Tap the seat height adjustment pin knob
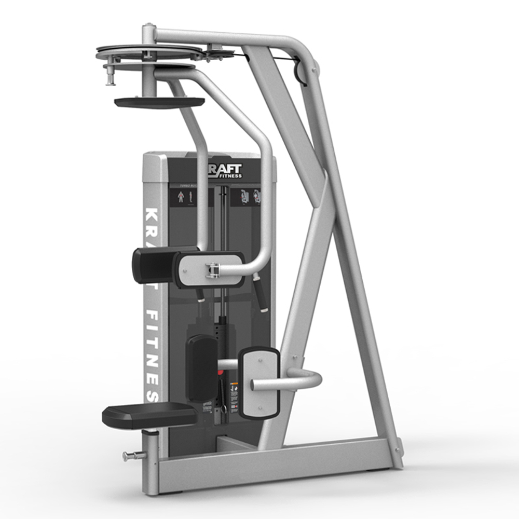pos(126,456)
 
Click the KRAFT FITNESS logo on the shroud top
pos(225,171)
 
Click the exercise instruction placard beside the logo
pos(248,197)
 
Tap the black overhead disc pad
pos(152,102)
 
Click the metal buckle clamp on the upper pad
pos(212,269)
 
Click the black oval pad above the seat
pos(201,367)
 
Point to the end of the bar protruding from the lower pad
pos(253,385)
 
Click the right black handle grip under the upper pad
pos(260,294)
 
